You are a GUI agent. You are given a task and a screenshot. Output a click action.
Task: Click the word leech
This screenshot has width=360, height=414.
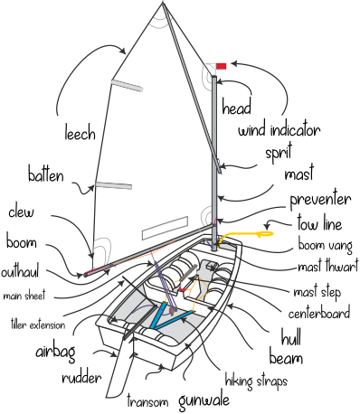point(80,135)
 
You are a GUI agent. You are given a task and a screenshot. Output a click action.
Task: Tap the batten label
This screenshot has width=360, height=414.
point(45,174)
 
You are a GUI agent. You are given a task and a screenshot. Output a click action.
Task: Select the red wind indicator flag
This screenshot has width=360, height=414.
point(221,65)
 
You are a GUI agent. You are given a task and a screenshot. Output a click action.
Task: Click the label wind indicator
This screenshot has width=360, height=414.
point(279,130)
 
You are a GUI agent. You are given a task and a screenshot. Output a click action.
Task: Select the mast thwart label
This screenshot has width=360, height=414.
point(327,268)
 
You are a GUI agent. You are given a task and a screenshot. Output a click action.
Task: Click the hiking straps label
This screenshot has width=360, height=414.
point(256,381)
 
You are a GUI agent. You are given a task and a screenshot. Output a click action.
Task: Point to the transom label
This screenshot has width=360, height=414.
point(148,400)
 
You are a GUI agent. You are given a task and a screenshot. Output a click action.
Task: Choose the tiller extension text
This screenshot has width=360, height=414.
point(37,324)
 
